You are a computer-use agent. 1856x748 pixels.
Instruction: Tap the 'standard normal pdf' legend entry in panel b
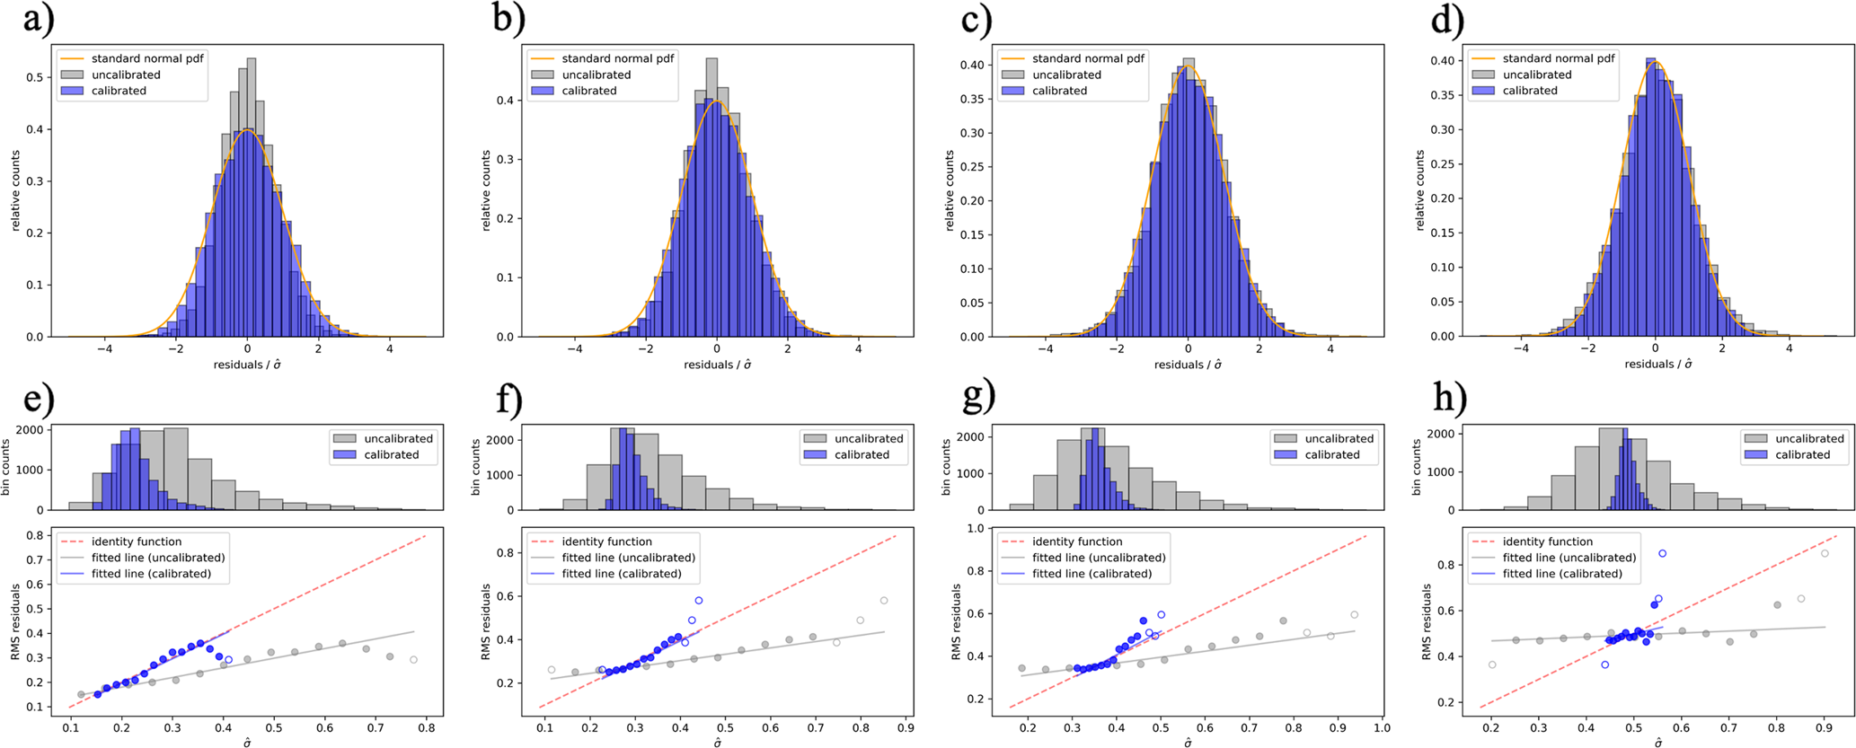pos(617,58)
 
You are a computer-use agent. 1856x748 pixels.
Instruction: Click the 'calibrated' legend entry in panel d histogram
pos(1529,91)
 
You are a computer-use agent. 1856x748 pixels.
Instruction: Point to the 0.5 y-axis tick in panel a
pos(35,77)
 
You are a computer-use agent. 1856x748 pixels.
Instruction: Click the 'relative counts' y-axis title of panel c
pos(950,190)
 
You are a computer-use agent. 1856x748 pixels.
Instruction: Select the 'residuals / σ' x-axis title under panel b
pos(717,365)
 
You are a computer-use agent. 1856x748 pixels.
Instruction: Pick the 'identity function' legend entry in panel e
pos(136,541)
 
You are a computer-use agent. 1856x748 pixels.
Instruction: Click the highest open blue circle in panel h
pos(1662,554)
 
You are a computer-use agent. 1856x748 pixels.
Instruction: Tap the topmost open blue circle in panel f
pos(699,601)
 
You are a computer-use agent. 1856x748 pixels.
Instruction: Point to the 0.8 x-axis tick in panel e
pos(426,728)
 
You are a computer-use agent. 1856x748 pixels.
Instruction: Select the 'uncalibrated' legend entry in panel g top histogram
pos(1339,438)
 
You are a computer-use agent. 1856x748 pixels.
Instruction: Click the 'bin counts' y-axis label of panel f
pos(476,468)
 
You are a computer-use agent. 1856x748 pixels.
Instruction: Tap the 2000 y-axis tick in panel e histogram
pos(30,430)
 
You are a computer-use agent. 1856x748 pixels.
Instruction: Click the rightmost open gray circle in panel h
pos(1825,553)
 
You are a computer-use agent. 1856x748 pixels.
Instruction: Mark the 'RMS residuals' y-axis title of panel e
pos(15,621)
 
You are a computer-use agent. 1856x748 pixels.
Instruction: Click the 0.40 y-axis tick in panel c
pos(971,65)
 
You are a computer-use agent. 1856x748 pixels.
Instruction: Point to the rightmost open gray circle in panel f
pos(884,601)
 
